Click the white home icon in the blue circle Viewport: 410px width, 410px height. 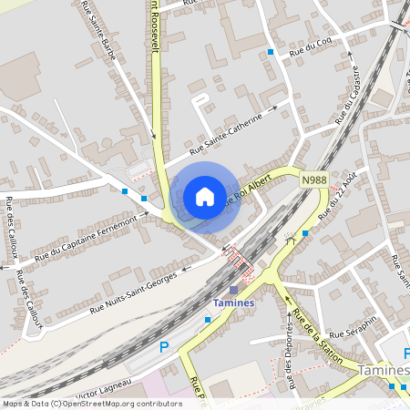click(205, 196)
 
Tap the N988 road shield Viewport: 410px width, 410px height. click(314, 180)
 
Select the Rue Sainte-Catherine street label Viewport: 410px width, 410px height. click(232, 133)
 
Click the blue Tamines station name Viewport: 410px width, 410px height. click(232, 302)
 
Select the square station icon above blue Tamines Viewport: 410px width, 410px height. click(232, 289)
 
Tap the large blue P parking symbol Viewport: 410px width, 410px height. click(165, 347)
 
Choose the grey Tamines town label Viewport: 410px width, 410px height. click(383, 370)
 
